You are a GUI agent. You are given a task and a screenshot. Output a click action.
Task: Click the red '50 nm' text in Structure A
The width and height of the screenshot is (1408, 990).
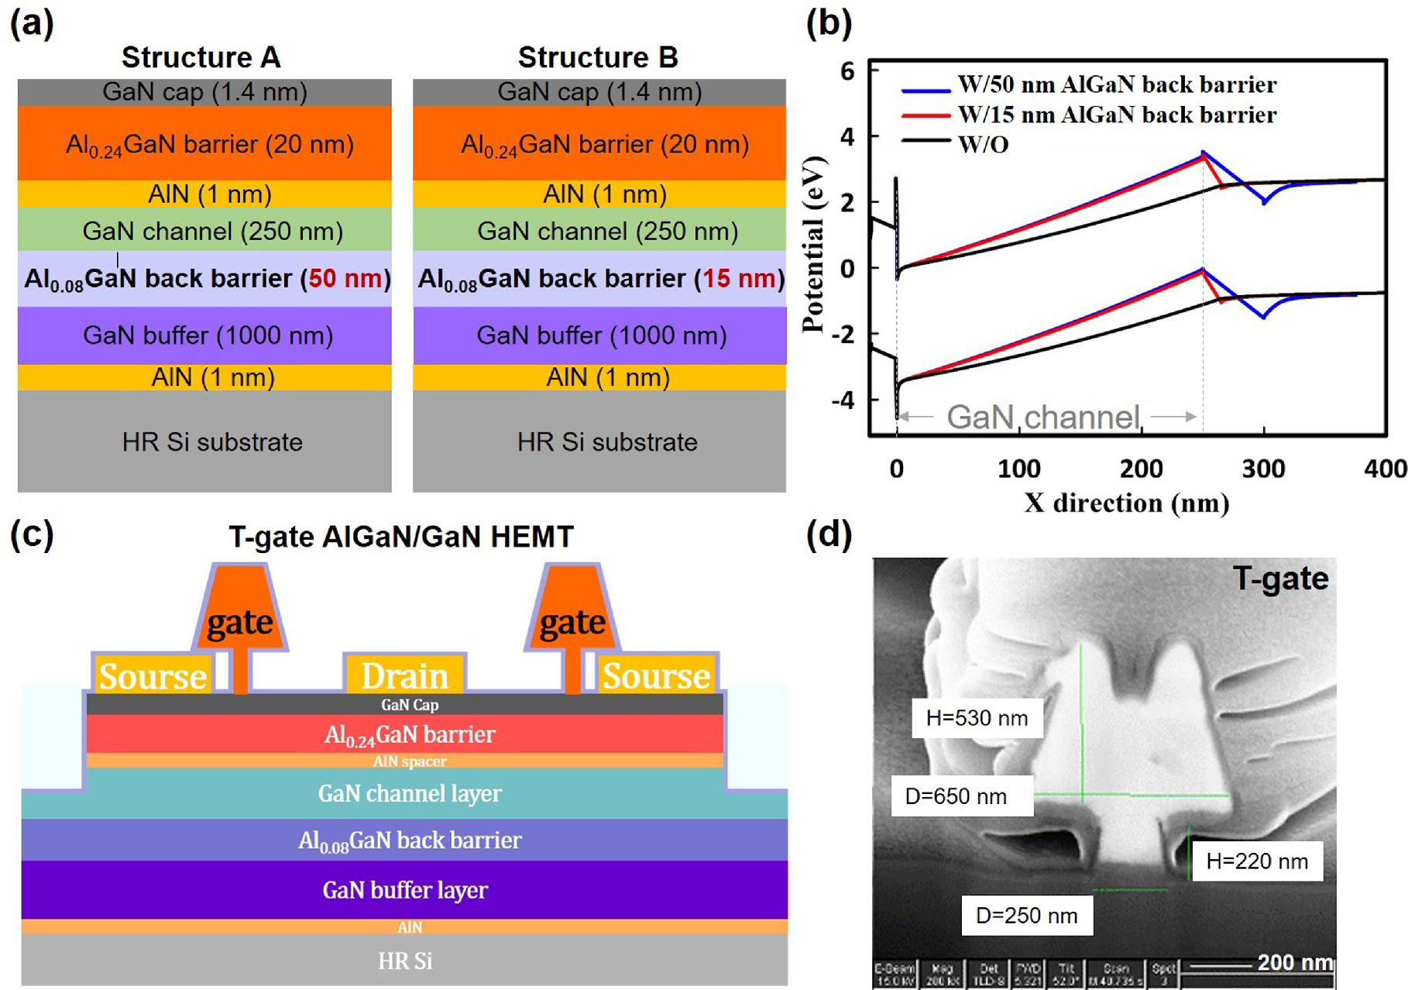click(x=345, y=279)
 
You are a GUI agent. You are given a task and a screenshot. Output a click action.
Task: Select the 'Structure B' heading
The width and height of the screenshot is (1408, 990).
click(x=598, y=57)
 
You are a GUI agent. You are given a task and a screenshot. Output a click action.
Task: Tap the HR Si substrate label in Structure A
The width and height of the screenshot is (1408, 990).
click(x=212, y=442)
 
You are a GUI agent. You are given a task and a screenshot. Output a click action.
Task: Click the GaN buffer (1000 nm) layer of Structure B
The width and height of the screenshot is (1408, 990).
click(x=601, y=335)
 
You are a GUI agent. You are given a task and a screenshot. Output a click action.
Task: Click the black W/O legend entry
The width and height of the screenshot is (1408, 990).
click(x=983, y=145)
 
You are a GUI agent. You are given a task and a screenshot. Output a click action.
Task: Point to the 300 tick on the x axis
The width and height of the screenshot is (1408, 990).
click(x=1263, y=469)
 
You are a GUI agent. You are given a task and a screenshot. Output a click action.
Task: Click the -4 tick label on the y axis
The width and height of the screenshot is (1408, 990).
click(x=847, y=400)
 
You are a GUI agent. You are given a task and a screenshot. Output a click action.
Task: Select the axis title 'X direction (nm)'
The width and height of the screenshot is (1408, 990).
click(x=1126, y=504)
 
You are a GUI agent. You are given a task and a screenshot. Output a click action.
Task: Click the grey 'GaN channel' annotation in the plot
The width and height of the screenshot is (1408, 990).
click(x=1043, y=418)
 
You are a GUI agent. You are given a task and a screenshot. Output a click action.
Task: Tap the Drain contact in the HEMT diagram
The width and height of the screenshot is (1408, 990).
click(x=404, y=675)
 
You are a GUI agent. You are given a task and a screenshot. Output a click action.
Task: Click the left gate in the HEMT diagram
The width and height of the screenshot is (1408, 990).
click(x=239, y=621)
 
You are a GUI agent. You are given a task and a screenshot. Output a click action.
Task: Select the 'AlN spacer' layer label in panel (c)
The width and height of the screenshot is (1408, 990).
click(x=409, y=761)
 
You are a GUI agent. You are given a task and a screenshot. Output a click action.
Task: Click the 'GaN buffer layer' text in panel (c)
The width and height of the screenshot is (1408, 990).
click(x=405, y=890)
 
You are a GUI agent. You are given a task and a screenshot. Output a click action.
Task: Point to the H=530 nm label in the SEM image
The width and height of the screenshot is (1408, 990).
click(x=977, y=718)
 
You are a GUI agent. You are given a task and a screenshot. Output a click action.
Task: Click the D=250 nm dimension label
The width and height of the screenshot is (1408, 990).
click(x=1026, y=916)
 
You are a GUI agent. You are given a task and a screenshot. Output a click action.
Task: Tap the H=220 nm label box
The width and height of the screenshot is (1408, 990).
click(x=1256, y=861)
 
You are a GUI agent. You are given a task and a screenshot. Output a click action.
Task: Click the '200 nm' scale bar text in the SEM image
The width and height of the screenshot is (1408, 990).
click(x=1294, y=962)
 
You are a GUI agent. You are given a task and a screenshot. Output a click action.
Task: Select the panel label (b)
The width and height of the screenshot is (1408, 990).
click(x=828, y=23)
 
